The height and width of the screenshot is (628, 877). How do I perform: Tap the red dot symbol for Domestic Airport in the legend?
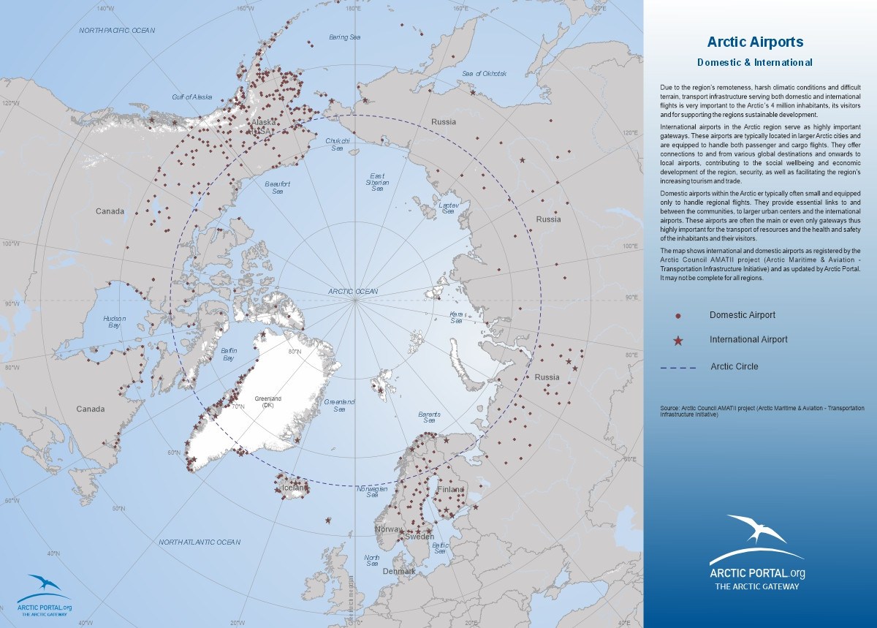[x=677, y=316]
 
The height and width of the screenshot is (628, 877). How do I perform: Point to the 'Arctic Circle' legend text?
[x=734, y=366]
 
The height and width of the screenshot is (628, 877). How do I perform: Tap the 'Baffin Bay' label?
[x=228, y=355]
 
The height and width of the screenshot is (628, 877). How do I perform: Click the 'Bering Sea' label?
[x=344, y=37]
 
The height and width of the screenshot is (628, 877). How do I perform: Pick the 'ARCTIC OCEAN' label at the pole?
[x=353, y=292]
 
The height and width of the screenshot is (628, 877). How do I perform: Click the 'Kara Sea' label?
[x=456, y=317]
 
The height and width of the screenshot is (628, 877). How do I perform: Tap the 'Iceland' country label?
[x=292, y=488]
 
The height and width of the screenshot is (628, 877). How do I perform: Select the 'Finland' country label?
[x=450, y=489]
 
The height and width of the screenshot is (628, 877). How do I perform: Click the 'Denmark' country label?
[x=398, y=571]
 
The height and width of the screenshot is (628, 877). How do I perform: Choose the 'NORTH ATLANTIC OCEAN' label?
[x=200, y=542]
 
